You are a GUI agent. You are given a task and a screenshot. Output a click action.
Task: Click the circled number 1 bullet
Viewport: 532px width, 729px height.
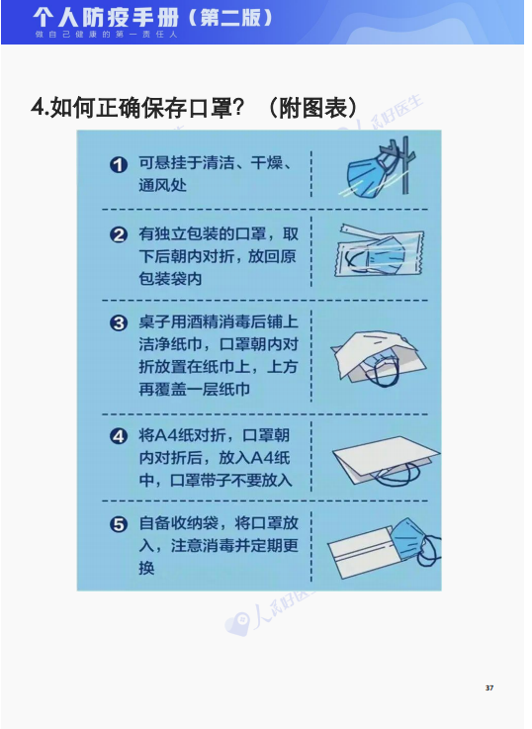(119, 164)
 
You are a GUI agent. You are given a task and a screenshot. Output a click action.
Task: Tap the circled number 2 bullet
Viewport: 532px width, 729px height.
(119, 234)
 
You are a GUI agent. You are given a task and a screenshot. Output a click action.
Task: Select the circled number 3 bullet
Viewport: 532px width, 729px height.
(119, 323)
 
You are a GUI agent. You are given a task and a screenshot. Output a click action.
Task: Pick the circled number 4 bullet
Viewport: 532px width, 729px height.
(119, 436)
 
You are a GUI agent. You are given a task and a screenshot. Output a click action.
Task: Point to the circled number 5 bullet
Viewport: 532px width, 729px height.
(119, 525)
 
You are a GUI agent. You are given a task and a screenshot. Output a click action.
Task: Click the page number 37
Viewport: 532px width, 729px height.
(489, 688)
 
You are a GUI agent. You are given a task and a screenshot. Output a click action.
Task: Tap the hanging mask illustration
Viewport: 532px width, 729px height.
(377, 170)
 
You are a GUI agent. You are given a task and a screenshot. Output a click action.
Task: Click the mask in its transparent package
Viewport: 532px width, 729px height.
(379, 252)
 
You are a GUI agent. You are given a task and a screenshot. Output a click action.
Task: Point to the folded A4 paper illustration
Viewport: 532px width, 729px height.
(386, 460)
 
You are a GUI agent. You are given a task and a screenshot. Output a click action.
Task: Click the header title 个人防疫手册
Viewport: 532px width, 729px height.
(106, 18)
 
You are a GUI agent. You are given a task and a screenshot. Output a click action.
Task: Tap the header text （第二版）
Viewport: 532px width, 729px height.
(230, 18)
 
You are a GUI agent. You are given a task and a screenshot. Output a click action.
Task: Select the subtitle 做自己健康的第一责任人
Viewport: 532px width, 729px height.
(106, 35)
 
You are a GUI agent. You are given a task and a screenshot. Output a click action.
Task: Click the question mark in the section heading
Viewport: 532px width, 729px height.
(237, 108)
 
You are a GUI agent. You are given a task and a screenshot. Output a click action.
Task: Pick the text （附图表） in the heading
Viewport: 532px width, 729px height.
(313, 108)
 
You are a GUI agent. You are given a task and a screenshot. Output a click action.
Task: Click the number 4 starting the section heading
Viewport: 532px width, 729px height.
(38, 108)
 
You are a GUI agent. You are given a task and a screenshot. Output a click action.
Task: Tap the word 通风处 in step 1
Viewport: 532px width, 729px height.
(162, 186)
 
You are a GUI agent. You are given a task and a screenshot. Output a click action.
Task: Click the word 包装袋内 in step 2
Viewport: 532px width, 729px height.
(170, 279)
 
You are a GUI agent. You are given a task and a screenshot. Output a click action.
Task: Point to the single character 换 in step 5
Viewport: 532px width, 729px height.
(146, 568)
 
